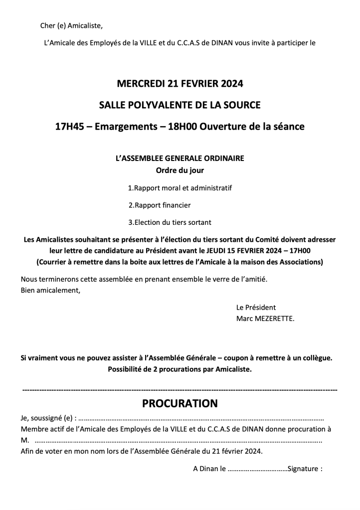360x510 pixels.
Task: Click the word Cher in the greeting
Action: click(x=48, y=26)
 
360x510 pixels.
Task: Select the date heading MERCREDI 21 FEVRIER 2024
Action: click(x=180, y=84)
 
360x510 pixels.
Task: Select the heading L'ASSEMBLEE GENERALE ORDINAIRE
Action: click(x=180, y=159)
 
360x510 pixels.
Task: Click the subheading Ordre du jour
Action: click(x=180, y=170)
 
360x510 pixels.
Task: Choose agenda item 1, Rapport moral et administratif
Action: click(x=180, y=188)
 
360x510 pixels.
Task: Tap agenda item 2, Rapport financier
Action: click(x=160, y=205)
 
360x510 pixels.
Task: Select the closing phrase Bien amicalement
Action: click(x=50, y=290)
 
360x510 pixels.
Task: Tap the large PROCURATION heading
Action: click(x=180, y=403)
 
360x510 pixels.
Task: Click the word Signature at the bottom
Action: click(x=304, y=469)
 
